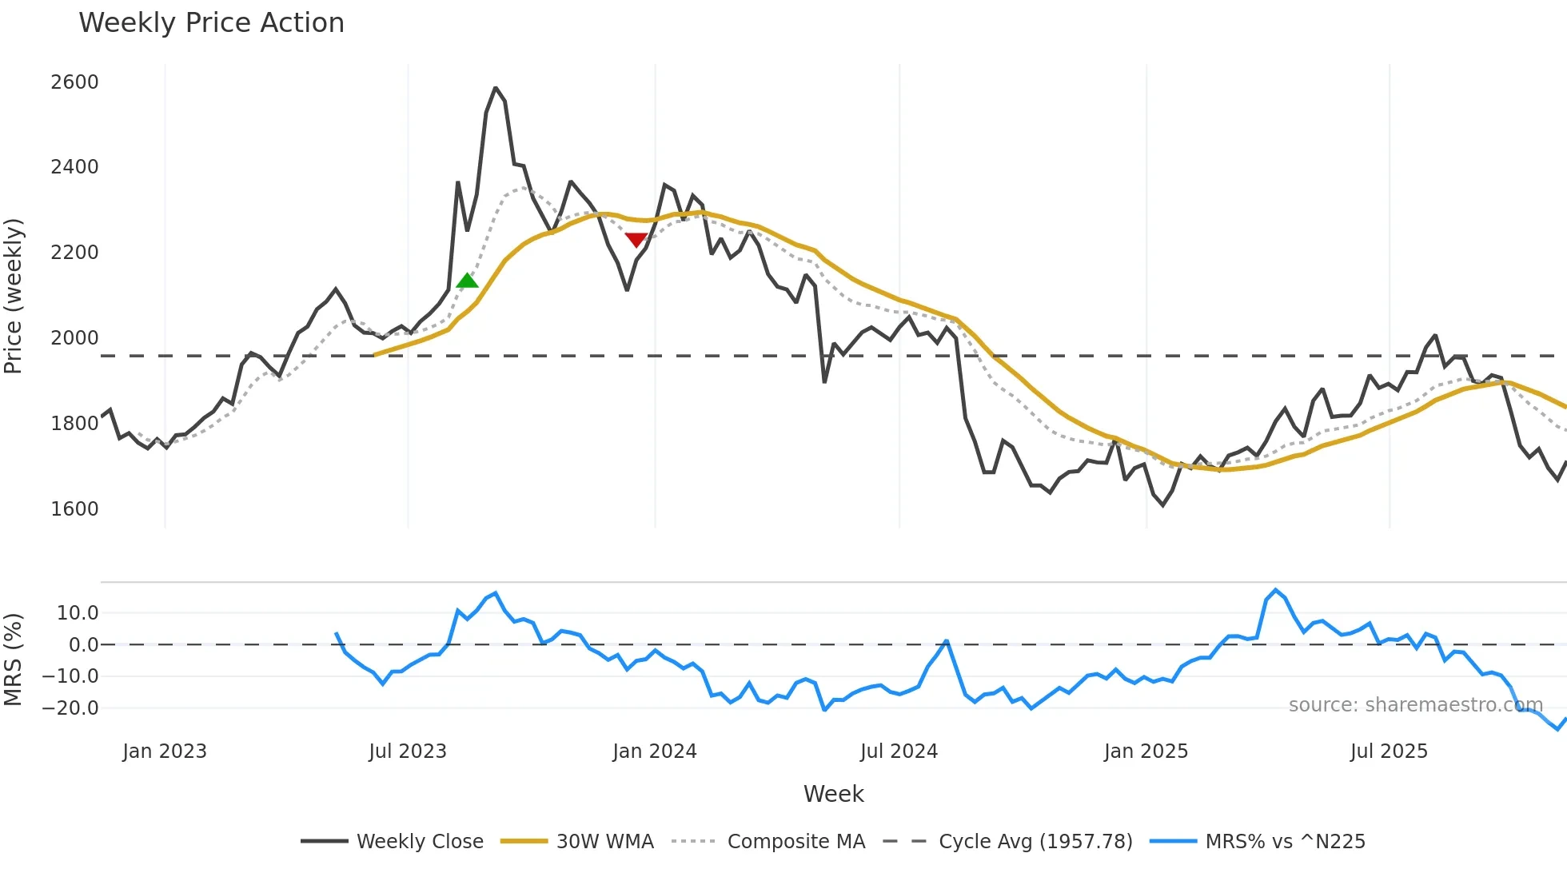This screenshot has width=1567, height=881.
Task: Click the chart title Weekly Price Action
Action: tap(211, 23)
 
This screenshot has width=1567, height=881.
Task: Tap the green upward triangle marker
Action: tap(467, 281)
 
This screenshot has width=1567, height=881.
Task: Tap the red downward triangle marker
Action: tap(636, 240)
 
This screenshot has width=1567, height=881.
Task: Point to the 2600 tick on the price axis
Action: tap(74, 82)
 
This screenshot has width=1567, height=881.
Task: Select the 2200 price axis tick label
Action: tap(74, 253)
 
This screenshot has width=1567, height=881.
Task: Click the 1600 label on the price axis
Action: tap(74, 509)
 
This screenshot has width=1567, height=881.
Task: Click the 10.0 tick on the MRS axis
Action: tap(78, 613)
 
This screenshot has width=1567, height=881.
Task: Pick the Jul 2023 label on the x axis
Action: tap(408, 751)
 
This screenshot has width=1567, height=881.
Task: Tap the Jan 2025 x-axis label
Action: tap(1146, 751)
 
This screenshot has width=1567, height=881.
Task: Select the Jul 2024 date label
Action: tap(899, 751)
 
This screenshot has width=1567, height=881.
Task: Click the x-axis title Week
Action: tap(833, 794)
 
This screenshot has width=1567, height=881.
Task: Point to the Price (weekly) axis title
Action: tap(14, 296)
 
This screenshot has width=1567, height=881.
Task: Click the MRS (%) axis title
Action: tap(14, 660)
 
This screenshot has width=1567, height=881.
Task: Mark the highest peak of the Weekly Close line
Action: tap(496, 88)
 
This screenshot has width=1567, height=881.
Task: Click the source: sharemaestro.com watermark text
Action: tap(1415, 705)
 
